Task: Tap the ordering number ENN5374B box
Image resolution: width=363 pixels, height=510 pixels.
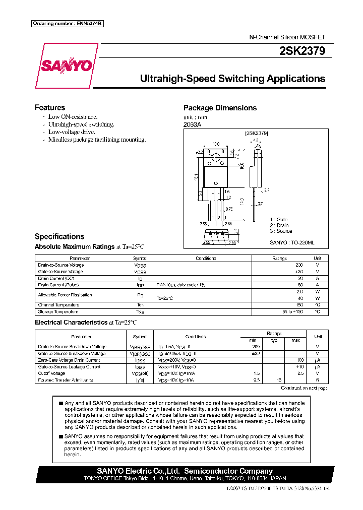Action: tap(68, 24)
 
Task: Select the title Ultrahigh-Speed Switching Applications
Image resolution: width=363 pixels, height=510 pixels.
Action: tap(232, 79)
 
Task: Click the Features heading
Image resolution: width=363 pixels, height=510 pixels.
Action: tap(49, 107)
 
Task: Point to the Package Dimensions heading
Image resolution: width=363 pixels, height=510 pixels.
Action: tap(219, 108)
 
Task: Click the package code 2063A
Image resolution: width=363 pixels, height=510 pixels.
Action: tap(192, 125)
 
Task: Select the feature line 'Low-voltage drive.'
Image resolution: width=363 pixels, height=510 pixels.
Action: tap(71, 132)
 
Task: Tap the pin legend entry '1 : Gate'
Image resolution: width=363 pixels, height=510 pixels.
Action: tap(278, 220)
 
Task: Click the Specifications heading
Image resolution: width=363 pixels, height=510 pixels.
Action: tap(59, 236)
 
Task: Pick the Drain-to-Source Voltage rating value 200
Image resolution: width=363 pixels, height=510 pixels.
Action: tap(299, 265)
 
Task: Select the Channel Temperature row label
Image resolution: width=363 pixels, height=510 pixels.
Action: tap(58, 305)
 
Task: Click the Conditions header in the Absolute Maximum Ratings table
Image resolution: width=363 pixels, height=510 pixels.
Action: tap(206, 259)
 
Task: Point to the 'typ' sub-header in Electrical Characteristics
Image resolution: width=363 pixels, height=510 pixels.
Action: tap(274, 340)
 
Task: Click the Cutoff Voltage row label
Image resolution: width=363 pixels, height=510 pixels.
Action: tap(51, 373)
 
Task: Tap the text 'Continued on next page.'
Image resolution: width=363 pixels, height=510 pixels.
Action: tap(304, 388)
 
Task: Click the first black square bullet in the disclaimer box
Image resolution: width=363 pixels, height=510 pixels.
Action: tap(60, 403)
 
